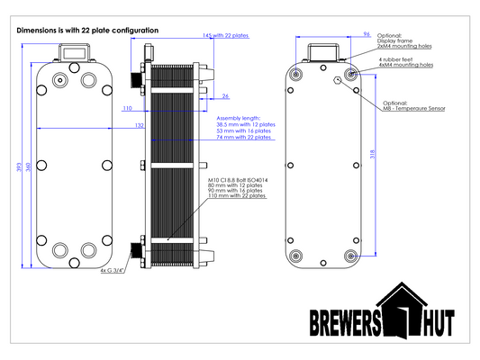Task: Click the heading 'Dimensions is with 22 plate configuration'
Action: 87,31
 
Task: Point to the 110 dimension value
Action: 127,108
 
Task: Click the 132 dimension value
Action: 140,126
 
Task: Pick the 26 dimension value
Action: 225,94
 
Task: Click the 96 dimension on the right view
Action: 367,33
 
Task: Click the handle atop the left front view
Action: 73,52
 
